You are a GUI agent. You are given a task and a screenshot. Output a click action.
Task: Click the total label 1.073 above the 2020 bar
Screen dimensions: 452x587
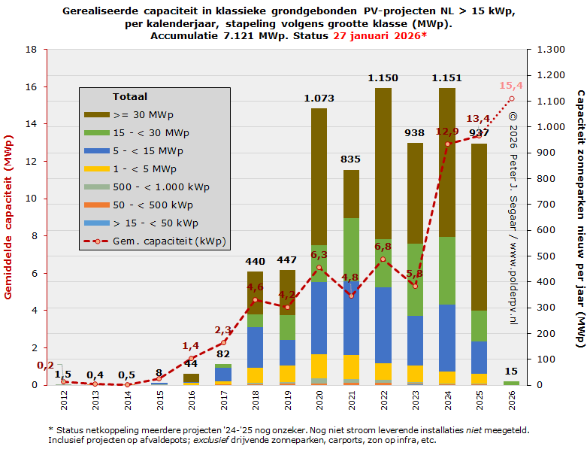click(x=319, y=98)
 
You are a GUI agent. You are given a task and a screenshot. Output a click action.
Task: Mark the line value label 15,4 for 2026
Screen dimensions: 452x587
click(x=511, y=86)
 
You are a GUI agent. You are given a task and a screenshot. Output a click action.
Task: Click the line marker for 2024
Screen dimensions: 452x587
click(x=447, y=144)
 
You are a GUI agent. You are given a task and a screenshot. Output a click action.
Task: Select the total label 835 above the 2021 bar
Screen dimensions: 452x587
click(x=351, y=159)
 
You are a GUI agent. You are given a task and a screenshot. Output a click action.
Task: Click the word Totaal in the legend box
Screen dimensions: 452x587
click(x=129, y=97)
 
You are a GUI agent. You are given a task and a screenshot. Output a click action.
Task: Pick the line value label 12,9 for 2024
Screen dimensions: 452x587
click(x=447, y=132)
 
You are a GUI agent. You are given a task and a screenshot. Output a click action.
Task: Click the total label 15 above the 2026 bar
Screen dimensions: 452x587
click(x=511, y=371)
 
